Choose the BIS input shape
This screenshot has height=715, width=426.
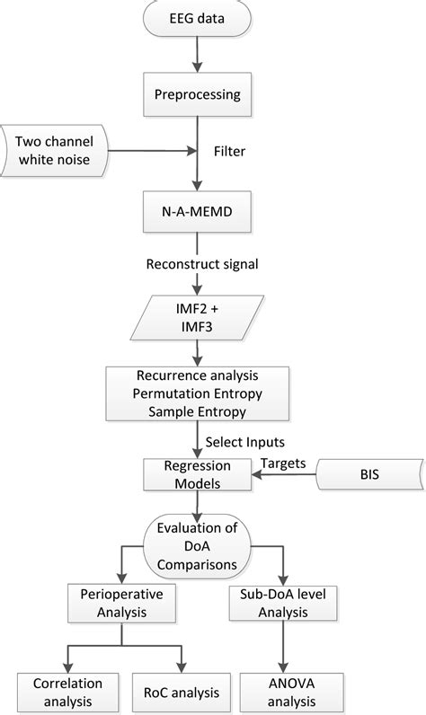point(368,476)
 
